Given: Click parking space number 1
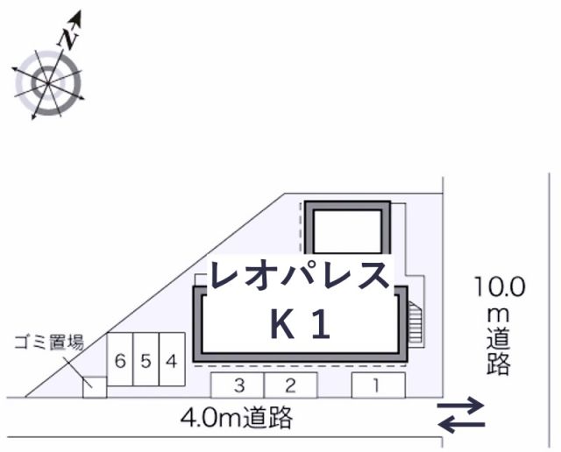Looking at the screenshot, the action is [x=378, y=385].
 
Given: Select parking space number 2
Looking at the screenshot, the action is [x=290, y=385].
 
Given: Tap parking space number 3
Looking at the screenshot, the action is [x=238, y=385].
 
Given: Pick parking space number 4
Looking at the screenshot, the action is [x=172, y=359].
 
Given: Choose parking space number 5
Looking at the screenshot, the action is [x=146, y=359].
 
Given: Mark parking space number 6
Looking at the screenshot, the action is [x=120, y=359].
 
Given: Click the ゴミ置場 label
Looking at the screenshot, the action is [x=49, y=342].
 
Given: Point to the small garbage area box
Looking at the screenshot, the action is [x=95, y=387].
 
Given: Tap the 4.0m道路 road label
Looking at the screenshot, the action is [x=237, y=418].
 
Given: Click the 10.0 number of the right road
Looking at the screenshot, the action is [x=501, y=286].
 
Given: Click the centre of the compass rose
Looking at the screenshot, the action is [x=48, y=83].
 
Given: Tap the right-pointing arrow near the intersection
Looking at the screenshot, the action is [x=461, y=406].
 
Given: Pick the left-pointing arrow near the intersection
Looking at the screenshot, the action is [x=462, y=425].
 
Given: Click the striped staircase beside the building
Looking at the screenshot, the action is [x=415, y=322].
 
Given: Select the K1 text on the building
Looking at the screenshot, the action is [x=300, y=324].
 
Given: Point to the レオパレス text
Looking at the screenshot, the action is [x=300, y=274].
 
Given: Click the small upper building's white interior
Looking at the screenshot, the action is [x=347, y=231].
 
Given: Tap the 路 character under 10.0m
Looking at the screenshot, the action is [x=499, y=363].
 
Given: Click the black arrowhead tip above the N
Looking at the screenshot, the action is [x=80, y=11].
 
